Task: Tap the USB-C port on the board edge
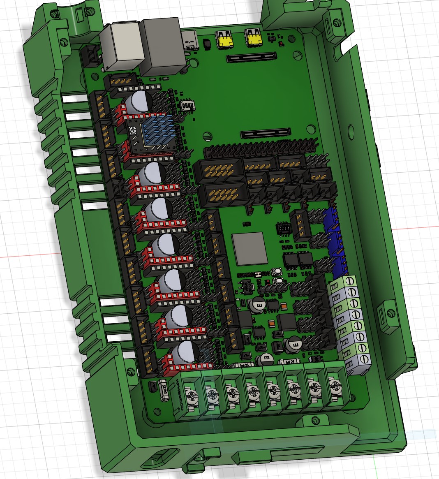coord(190,41)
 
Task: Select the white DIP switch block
coord(188,106)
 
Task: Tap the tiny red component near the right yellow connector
coord(280,43)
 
